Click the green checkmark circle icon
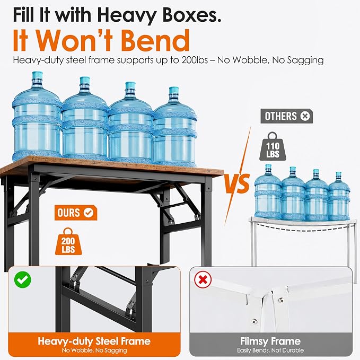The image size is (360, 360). pos(22,279)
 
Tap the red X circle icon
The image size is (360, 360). pos(203,279)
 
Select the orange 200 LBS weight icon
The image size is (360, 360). pos(68,242)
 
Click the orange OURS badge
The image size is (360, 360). pos(76,213)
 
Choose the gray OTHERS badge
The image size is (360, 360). pos(286,116)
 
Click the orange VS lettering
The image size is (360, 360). pos(237,183)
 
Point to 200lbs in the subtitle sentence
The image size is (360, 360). pos(195,60)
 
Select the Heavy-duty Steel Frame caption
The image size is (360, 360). pos(94,341)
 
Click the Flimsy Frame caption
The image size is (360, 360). pos(270,341)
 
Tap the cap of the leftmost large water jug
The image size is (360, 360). pos(37,76)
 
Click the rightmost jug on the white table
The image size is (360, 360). pos(338,197)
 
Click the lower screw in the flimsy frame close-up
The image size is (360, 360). pos(254,321)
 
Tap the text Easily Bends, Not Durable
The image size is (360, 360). pos(270,350)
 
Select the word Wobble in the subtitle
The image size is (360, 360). pos(250,60)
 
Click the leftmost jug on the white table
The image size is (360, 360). pos(268,192)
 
